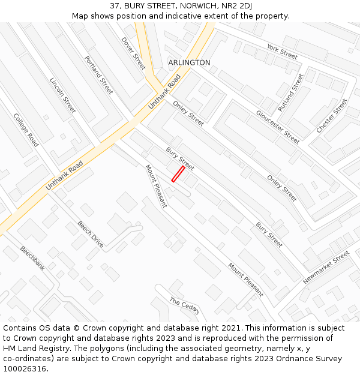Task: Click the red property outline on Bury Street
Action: [x=178, y=173]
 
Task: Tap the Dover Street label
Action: [x=133, y=53]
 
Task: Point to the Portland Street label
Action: [x=99, y=75]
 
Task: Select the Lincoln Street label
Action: [x=62, y=95]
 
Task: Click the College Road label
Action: [x=26, y=130]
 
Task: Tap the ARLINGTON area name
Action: [x=189, y=62]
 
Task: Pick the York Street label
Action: [x=282, y=52]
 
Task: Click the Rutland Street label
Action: [x=290, y=92]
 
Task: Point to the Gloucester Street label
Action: [x=277, y=127]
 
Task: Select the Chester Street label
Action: [x=332, y=116]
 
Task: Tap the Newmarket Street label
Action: [x=326, y=268]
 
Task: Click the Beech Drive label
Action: [x=91, y=234]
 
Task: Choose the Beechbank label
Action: [x=32, y=257]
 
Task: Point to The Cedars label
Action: [x=184, y=306]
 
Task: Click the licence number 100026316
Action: [x=25, y=368]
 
